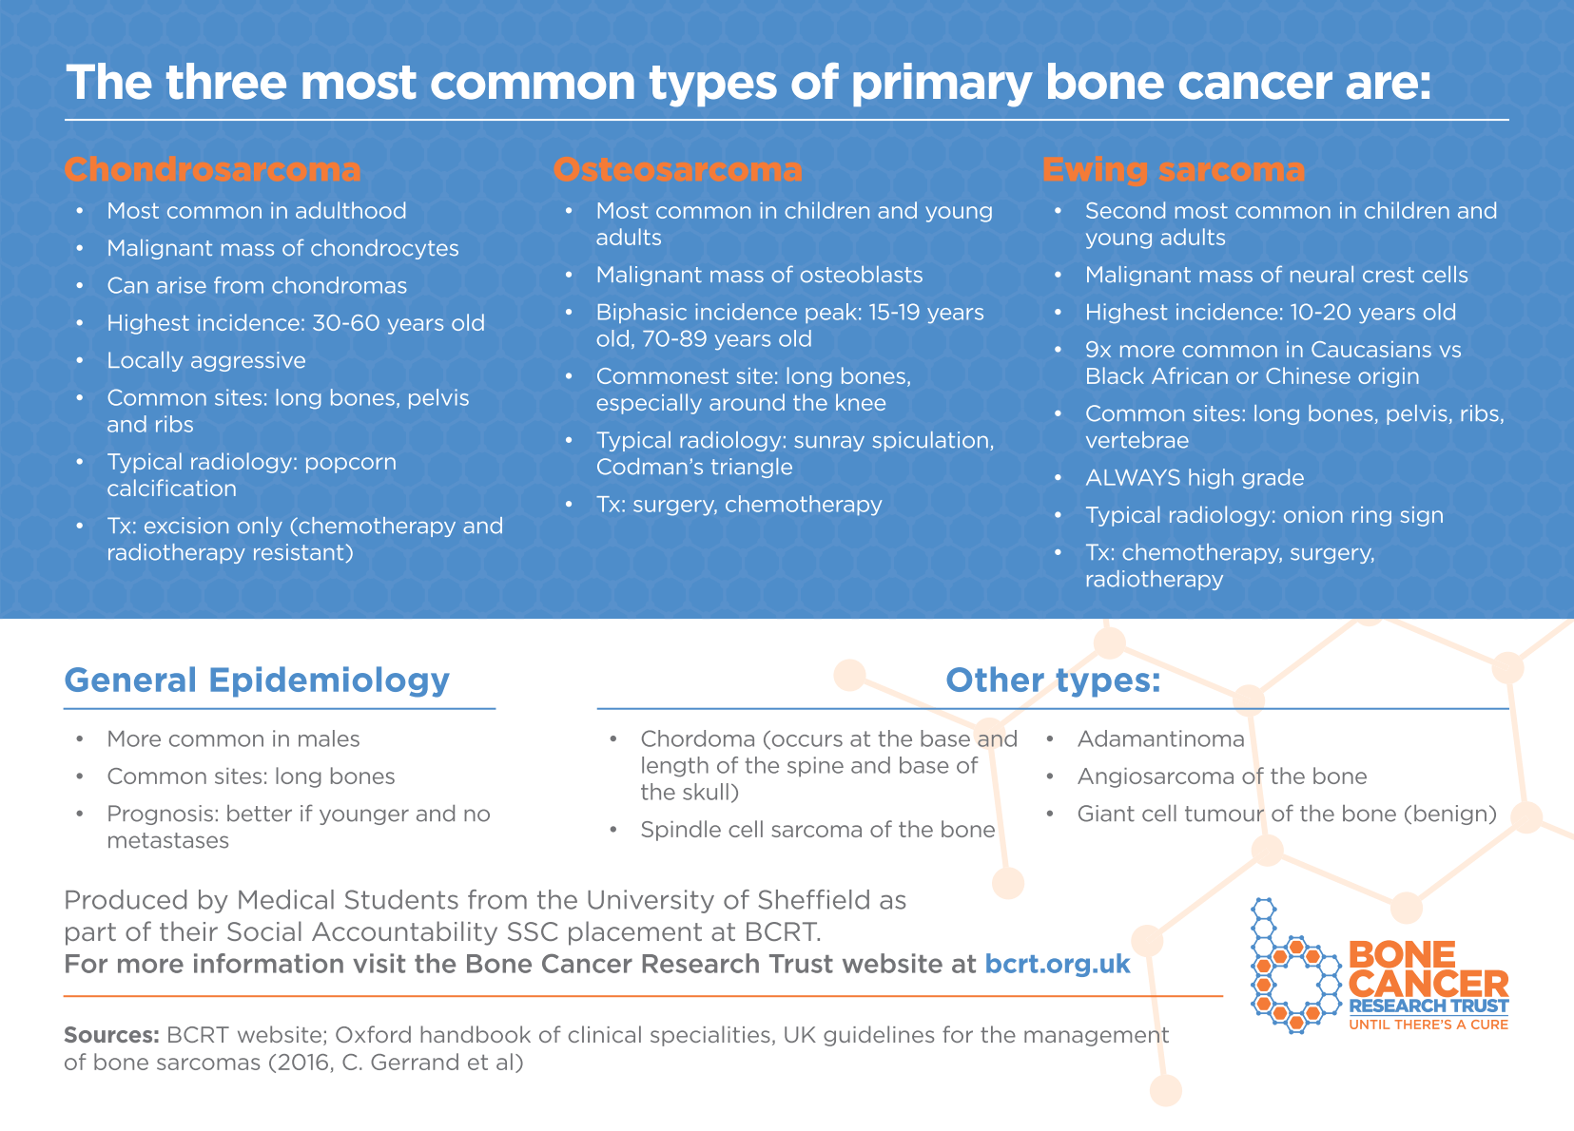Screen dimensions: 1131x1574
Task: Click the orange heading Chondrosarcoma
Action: (212, 170)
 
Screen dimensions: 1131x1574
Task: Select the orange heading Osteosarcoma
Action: (678, 170)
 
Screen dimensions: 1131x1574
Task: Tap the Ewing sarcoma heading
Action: (1173, 170)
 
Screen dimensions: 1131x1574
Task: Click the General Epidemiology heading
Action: (257, 681)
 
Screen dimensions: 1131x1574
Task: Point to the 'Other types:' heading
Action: (1053, 681)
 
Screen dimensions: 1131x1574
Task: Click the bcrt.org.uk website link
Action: (1058, 964)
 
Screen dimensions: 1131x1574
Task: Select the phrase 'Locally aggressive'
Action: (206, 361)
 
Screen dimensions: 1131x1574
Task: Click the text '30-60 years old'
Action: (398, 324)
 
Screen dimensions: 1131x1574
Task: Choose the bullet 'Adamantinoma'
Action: (1160, 739)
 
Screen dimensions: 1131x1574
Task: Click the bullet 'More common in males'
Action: (233, 739)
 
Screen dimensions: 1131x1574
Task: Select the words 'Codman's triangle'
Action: (694, 468)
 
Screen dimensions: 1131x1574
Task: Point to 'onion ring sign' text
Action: (1363, 515)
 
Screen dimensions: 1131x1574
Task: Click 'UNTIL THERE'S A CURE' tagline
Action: (1428, 1025)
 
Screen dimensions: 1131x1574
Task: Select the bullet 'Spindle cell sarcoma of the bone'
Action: (817, 830)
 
